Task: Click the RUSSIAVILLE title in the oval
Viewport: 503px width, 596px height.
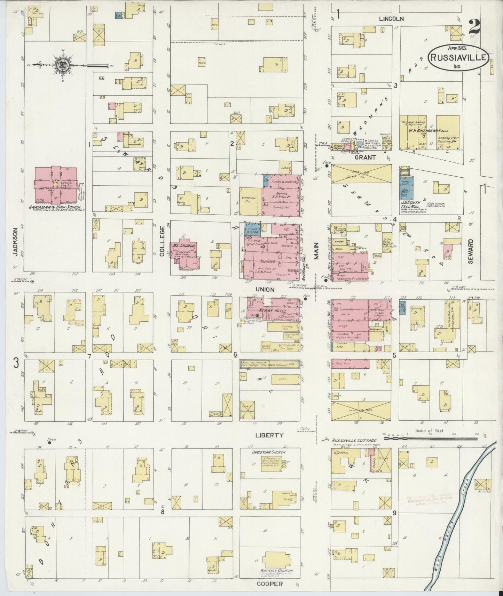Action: (458, 58)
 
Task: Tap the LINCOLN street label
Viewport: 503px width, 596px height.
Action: (392, 19)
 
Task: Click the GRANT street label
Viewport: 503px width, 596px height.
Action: (365, 158)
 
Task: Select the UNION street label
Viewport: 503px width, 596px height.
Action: (265, 289)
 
